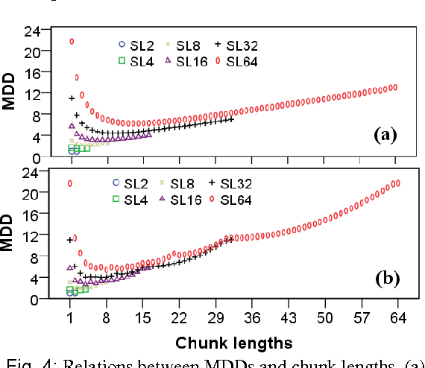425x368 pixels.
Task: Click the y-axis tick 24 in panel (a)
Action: [x=31, y=31]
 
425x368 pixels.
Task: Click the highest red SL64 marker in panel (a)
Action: [x=72, y=42]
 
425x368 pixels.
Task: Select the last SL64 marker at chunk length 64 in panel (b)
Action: [x=397, y=183]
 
